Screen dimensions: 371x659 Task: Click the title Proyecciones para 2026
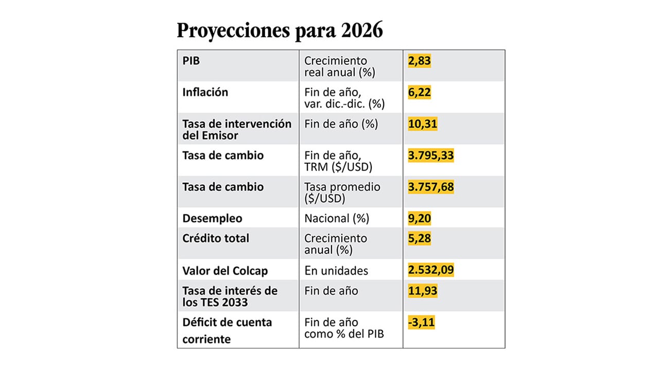[x=280, y=30]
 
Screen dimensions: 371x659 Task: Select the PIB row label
[x=191, y=60]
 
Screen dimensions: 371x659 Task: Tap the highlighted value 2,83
[x=419, y=61]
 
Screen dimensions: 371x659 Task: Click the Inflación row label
[x=205, y=92]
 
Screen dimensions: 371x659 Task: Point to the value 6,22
[x=419, y=92]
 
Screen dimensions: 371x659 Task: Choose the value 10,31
[x=422, y=124]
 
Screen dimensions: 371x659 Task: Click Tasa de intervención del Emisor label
[x=237, y=129]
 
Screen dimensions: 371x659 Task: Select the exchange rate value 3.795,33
[x=430, y=155]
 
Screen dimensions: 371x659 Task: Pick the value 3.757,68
[x=430, y=187]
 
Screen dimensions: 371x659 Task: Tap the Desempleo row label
[x=212, y=218]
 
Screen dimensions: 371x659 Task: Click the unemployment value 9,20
[x=419, y=218]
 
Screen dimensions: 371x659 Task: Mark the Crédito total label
[x=216, y=238]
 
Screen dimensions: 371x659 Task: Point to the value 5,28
[x=419, y=239]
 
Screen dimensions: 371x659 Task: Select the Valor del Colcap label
[x=225, y=271]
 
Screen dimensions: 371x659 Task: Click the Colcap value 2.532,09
[x=430, y=270]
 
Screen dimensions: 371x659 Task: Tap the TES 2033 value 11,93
[x=422, y=291]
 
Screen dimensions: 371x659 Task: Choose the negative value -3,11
[x=421, y=323]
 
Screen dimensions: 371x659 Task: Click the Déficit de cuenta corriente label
[x=227, y=330]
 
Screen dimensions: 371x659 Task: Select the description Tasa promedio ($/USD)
[x=342, y=192]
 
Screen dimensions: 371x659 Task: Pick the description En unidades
[x=336, y=271]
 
